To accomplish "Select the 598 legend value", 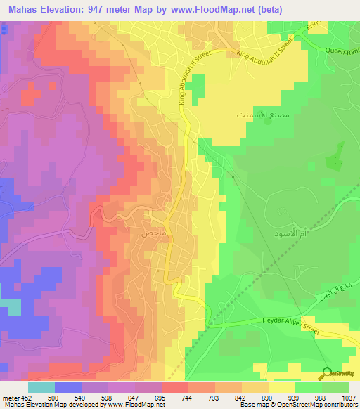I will [x=108, y=397].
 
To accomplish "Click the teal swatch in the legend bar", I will [x=41, y=387].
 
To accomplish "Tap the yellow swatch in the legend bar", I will [x=283, y=387].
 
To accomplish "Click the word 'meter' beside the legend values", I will [x=10, y=397].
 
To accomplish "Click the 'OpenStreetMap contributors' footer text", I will [x=321, y=405].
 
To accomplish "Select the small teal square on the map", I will [x=10, y=307].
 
